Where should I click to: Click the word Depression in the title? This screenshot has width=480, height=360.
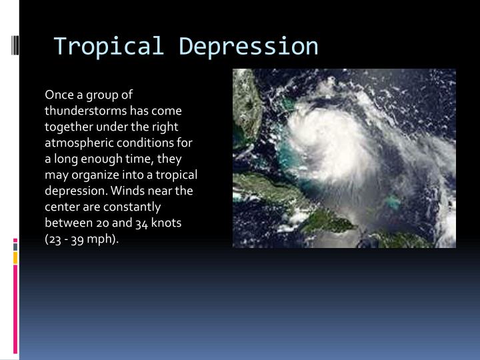[249, 46]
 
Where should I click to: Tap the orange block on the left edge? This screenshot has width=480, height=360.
[15, 257]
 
